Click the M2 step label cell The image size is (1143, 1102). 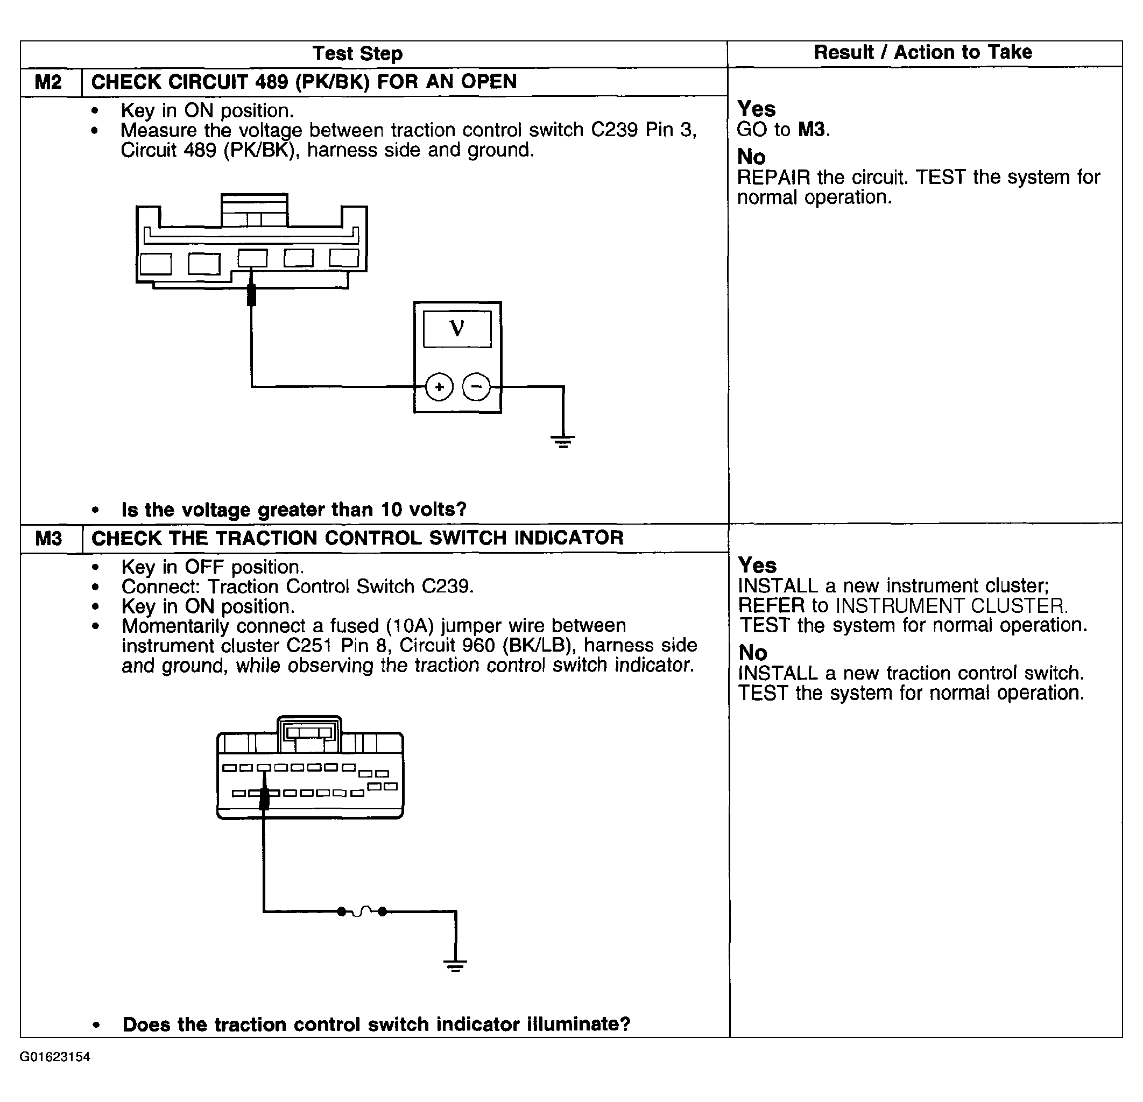[x=48, y=82]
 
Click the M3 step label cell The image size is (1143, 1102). [x=48, y=538]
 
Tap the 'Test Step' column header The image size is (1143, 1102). [x=357, y=54]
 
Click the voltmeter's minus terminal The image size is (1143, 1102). [x=476, y=386]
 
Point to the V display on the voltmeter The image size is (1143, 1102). [x=457, y=329]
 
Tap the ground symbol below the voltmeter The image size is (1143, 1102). [x=563, y=441]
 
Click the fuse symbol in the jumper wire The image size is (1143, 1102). [x=362, y=912]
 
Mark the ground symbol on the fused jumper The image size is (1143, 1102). [x=455, y=965]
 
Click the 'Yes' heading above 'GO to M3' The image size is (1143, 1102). [x=757, y=109]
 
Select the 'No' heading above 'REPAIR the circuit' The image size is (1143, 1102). [x=751, y=157]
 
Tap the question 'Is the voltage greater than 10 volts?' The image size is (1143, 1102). [x=294, y=510]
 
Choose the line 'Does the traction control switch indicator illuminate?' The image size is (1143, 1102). [x=376, y=1024]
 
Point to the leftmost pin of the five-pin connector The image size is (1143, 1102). [x=156, y=264]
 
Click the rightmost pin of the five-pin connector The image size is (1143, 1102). [x=344, y=258]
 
